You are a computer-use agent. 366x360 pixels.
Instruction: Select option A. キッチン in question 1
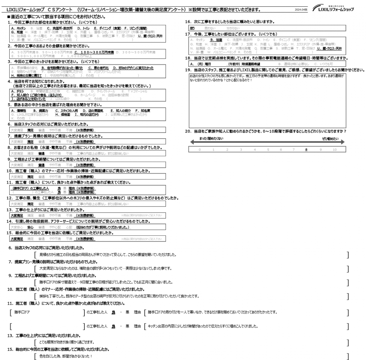point(18,27)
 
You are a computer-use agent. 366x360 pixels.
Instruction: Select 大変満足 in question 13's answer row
point(16,215)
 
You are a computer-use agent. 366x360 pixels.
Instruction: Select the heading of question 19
point(275,70)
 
